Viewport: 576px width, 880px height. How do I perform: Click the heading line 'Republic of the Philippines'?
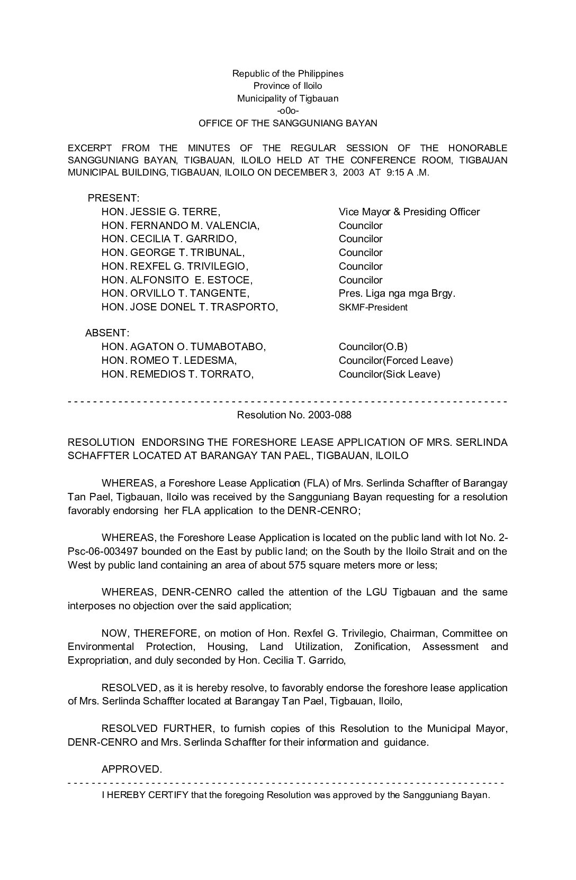[x=287, y=74]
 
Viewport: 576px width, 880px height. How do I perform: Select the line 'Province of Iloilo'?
[x=287, y=86]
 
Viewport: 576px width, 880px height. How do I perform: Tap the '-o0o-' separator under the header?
[x=287, y=111]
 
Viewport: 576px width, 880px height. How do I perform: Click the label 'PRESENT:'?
[x=113, y=198]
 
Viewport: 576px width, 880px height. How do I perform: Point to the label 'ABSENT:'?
[x=107, y=333]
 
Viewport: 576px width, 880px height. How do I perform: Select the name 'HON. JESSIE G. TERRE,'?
[x=160, y=212]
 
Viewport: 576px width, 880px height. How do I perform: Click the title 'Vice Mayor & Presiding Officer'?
[x=409, y=212]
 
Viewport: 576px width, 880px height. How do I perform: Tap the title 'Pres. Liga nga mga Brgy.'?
[x=397, y=294]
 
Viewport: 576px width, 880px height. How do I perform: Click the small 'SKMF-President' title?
[x=373, y=307]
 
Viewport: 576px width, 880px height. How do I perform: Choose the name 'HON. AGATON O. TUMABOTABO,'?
[x=184, y=347]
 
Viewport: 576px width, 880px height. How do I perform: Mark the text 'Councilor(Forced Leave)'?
[x=396, y=361]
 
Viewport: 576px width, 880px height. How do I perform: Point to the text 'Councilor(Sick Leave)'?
[x=390, y=374]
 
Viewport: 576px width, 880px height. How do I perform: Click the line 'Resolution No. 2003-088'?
[x=294, y=415]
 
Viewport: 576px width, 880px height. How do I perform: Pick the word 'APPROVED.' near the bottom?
[x=132, y=769]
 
